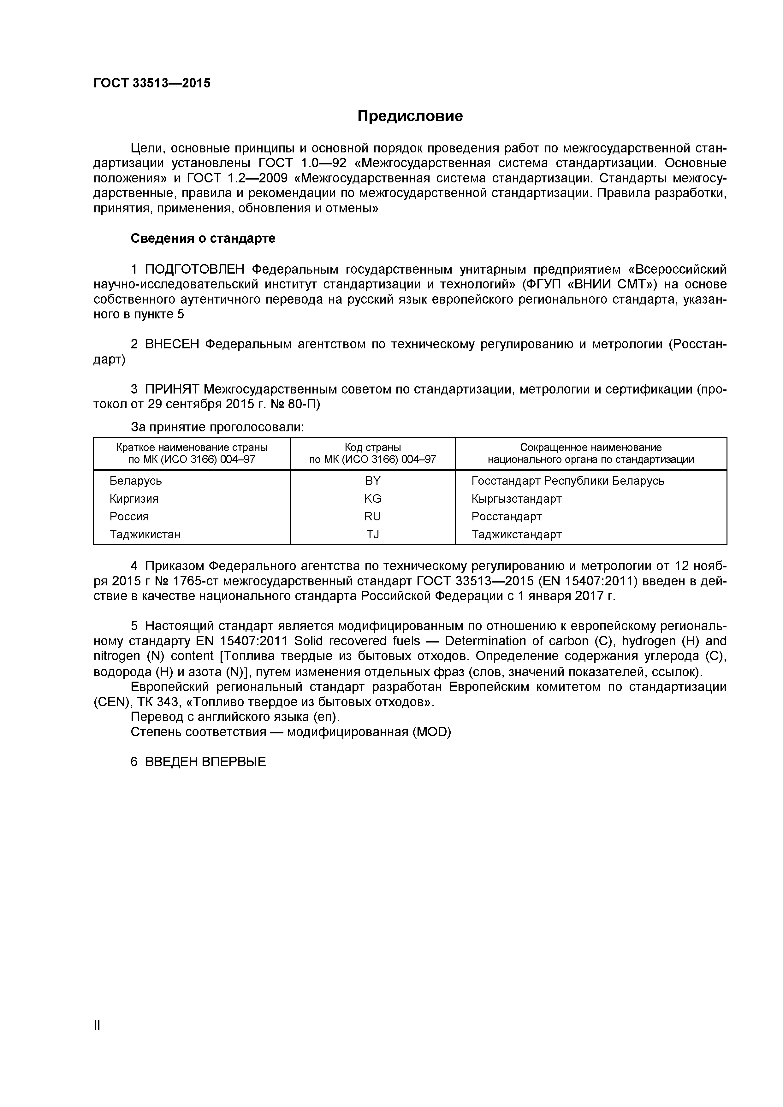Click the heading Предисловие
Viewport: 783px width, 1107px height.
(410, 116)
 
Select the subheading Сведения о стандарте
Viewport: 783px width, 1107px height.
(203, 238)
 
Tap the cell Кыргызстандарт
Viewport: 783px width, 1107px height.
(516, 499)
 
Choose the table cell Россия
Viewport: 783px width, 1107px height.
(129, 516)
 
